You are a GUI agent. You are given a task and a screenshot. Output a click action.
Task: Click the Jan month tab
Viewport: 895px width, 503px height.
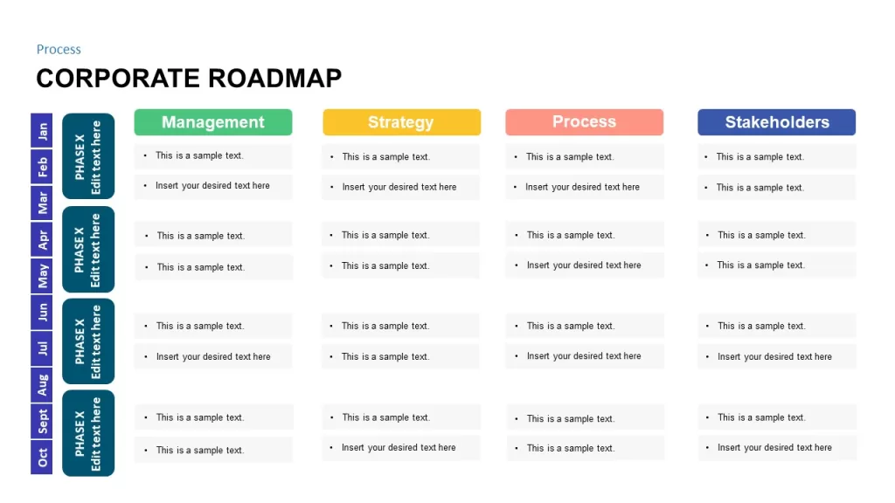click(x=42, y=131)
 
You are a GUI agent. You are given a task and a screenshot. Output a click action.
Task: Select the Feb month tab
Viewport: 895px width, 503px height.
click(x=42, y=167)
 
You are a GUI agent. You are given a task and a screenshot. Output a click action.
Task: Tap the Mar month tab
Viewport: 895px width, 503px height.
click(x=42, y=203)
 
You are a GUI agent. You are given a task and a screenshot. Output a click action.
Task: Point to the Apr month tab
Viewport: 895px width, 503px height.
click(x=42, y=239)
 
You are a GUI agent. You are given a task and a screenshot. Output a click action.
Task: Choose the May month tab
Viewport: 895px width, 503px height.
click(x=42, y=276)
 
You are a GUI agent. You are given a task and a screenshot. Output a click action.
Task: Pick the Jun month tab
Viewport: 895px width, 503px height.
click(x=42, y=313)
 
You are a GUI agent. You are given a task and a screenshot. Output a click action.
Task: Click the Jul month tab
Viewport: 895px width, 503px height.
click(x=42, y=348)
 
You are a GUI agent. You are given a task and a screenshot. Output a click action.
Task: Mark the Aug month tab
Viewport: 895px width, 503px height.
click(x=42, y=385)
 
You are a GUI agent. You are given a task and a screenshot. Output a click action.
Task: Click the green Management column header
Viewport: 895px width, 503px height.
click(x=213, y=122)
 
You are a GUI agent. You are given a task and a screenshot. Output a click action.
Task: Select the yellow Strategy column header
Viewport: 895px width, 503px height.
click(x=401, y=122)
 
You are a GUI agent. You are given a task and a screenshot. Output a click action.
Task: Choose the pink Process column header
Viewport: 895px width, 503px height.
click(x=584, y=122)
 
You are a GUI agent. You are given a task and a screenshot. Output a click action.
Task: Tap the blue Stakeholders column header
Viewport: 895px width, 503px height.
click(x=776, y=122)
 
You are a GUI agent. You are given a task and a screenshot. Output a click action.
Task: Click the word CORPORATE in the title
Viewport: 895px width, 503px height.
click(x=118, y=78)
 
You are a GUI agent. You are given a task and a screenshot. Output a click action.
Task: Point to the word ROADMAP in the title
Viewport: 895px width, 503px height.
click(x=275, y=78)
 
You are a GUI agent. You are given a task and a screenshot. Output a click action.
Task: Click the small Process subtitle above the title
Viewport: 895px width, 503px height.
click(x=59, y=50)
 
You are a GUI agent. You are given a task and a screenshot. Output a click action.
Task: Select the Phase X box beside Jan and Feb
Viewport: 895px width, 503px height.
click(x=88, y=156)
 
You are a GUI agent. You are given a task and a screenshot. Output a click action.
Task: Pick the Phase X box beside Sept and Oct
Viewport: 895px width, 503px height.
click(x=88, y=433)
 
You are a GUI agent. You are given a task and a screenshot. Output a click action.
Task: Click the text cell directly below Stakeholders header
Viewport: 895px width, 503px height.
click(x=776, y=157)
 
